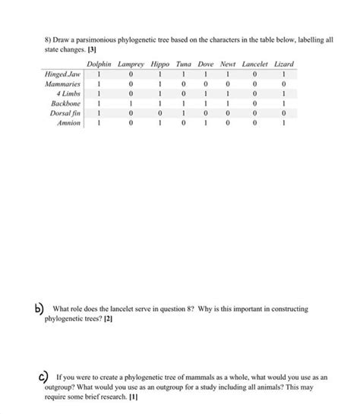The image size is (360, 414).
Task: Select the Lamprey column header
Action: click(x=131, y=65)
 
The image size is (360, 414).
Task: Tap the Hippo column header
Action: click(x=161, y=65)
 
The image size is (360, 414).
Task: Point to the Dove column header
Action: click(x=204, y=65)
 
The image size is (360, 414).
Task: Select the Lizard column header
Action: click(x=283, y=65)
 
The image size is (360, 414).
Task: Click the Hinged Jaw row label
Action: click(x=64, y=75)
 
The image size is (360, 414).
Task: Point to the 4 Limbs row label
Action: click(x=69, y=98)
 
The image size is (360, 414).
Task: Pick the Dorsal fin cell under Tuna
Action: click(x=184, y=121)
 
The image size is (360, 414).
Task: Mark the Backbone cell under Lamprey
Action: click(x=131, y=109)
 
